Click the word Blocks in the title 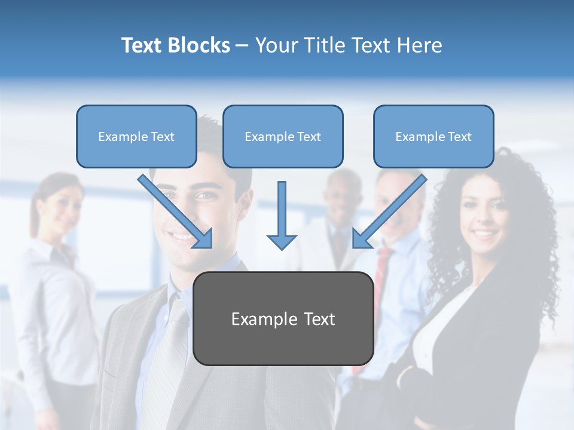pyautogui.click(x=199, y=45)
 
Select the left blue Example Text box pyautogui.click(x=136, y=136)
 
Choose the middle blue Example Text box pyautogui.click(x=283, y=136)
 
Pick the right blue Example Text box pyautogui.click(x=433, y=136)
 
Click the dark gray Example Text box pyautogui.click(x=283, y=318)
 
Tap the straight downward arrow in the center pyautogui.click(x=282, y=215)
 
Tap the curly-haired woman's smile pyautogui.click(x=484, y=232)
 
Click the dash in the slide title pyautogui.click(x=242, y=45)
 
